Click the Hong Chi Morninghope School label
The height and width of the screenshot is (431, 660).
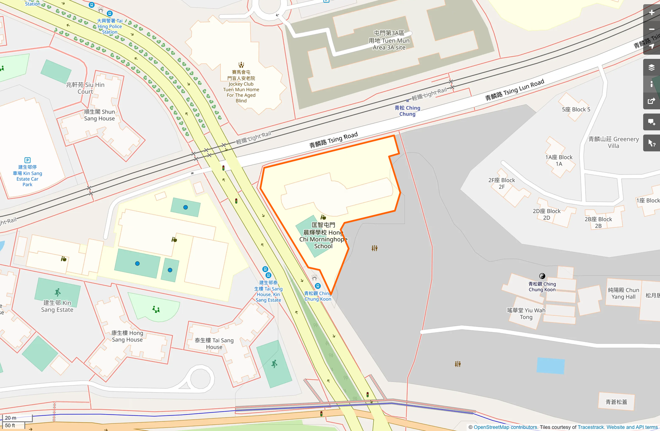(323, 236)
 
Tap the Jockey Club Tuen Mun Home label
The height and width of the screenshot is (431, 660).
(241, 87)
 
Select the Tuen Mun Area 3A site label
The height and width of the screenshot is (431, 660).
(389, 40)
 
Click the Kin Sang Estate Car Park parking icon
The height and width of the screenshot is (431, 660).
(27, 160)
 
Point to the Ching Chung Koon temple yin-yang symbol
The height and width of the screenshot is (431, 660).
(542, 276)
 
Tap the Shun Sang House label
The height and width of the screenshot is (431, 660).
(99, 115)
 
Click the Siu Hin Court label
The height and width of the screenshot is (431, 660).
(85, 88)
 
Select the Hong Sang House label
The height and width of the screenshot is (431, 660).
(127, 336)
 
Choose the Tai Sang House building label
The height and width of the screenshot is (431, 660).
(214, 344)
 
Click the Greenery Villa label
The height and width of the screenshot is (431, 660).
(613, 143)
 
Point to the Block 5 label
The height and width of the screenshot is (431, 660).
(576, 109)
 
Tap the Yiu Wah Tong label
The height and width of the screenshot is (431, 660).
(526, 314)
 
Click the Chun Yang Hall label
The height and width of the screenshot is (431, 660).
(623, 294)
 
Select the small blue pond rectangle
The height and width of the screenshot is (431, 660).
(550, 366)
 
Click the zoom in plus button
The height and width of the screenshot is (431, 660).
(651, 13)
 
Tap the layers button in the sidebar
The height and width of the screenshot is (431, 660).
(651, 67)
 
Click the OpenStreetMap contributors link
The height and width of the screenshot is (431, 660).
(505, 427)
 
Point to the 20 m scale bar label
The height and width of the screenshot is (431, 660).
(11, 418)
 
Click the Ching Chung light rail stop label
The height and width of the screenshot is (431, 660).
(407, 111)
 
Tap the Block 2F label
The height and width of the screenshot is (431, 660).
(502, 183)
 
